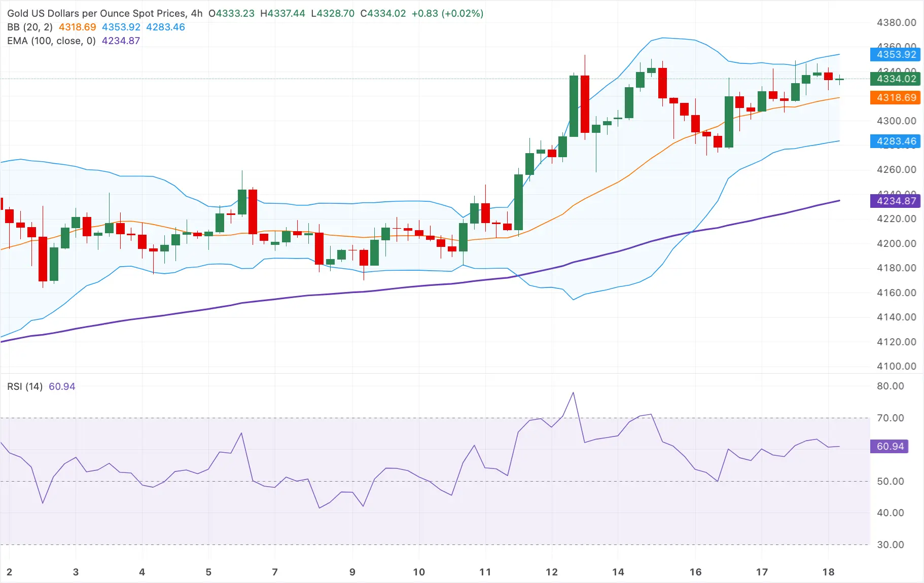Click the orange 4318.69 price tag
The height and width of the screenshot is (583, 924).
[896, 97]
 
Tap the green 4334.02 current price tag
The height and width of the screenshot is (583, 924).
[896, 79]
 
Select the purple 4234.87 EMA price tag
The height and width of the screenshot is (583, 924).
[896, 201]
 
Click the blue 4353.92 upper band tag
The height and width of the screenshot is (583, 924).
[896, 54]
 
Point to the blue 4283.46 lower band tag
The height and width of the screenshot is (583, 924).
[896, 141]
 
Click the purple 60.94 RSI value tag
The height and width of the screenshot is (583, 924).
[890, 446]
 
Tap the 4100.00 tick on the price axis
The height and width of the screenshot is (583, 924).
[896, 366]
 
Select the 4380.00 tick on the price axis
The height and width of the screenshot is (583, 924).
[896, 22]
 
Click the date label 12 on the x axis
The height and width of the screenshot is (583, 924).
[551, 572]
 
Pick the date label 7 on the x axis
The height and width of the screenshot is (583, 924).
[275, 572]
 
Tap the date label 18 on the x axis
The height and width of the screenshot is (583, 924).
[828, 572]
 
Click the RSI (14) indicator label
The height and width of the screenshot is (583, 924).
[25, 386]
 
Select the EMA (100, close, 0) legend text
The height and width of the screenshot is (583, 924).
[51, 41]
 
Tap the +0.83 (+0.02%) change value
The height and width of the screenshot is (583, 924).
[447, 13]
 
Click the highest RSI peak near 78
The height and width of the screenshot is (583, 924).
[573, 392]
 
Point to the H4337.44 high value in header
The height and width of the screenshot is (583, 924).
[282, 13]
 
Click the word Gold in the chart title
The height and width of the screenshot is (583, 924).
[18, 13]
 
